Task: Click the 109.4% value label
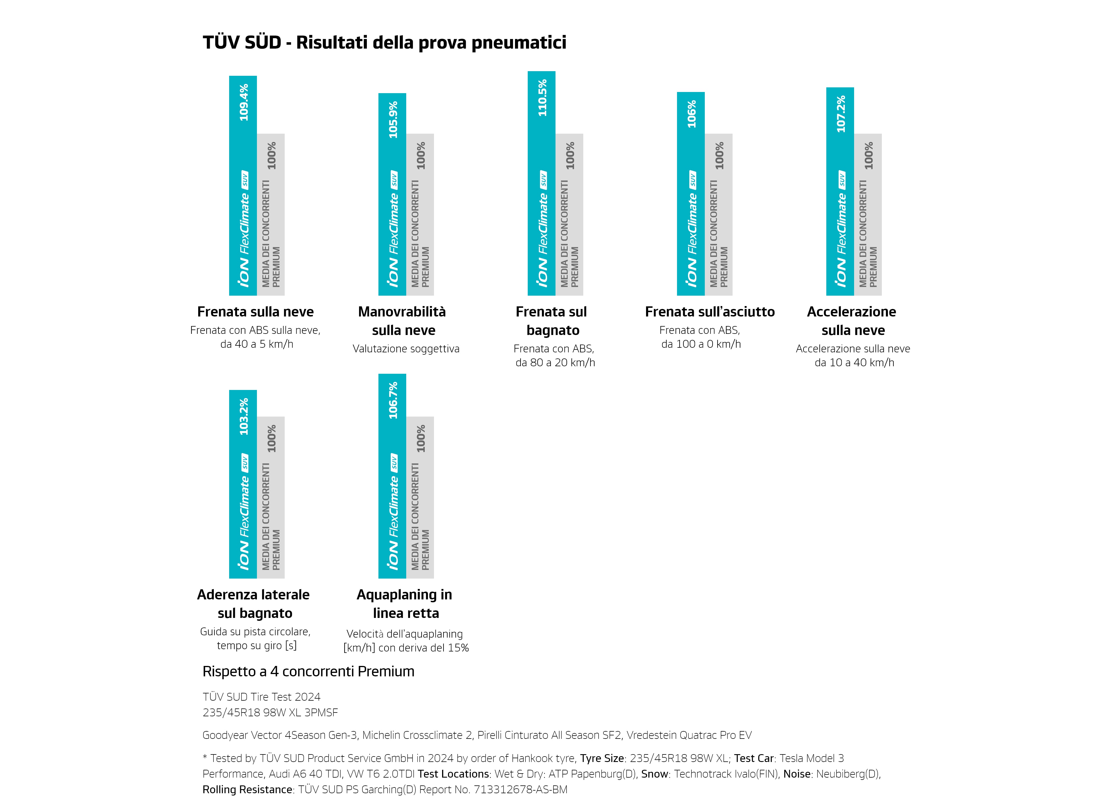(244, 102)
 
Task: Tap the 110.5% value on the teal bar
(542, 98)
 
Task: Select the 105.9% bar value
(393, 120)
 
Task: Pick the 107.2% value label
(841, 114)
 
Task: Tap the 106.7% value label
(393, 401)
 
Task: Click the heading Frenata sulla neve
(255, 312)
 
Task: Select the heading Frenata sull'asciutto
(709, 312)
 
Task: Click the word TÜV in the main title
(220, 43)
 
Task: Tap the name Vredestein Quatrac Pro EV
(689, 735)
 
